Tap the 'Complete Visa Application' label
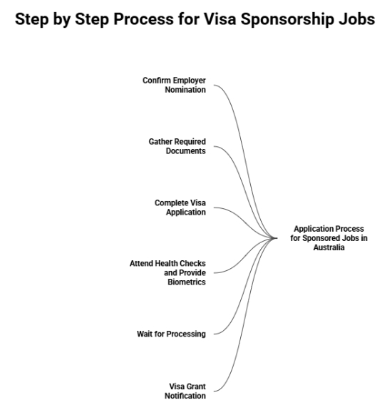click(180, 207)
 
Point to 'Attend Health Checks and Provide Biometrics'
click(167, 272)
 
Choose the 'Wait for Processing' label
click(171, 334)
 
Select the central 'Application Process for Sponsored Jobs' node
click(329, 238)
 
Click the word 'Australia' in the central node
click(329, 247)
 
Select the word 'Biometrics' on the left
click(187, 282)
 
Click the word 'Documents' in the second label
click(187, 150)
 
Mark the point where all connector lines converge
click(277, 238)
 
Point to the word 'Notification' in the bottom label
click(186, 395)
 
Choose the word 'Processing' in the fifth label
click(187, 334)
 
